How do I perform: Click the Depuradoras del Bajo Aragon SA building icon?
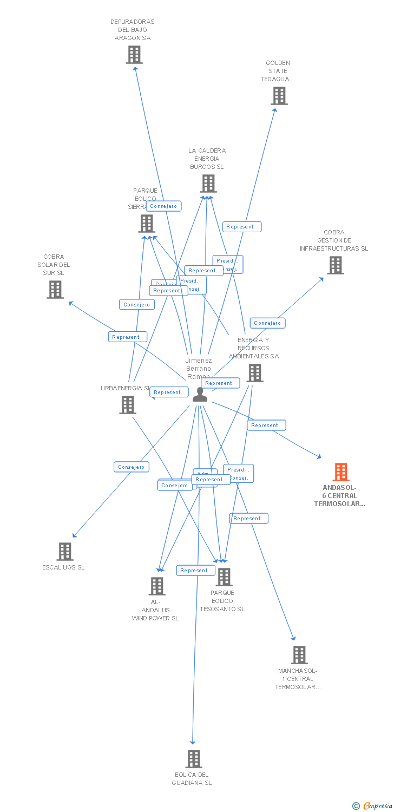click(134, 55)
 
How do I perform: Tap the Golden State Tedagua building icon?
click(279, 96)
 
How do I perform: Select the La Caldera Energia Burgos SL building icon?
click(208, 184)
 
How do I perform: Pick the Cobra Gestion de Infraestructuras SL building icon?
click(335, 265)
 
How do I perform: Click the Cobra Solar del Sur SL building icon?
click(55, 290)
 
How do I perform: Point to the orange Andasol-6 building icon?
click(340, 472)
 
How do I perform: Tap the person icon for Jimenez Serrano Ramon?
click(200, 395)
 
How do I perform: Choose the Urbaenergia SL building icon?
click(128, 404)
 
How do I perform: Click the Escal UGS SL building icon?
click(65, 552)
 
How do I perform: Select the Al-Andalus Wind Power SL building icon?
click(157, 586)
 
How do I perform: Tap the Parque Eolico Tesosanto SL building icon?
click(224, 577)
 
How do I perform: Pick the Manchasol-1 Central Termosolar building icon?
click(299, 655)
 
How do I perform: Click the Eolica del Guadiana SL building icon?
click(193, 759)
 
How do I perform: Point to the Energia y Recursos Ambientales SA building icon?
click(254, 373)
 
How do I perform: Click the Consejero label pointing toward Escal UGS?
click(132, 467)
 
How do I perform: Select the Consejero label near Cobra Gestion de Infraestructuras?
click(267, 323)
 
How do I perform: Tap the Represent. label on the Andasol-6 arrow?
click(266, 425)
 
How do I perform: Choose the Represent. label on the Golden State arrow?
click(241, 227)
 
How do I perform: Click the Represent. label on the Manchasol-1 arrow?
click(248, 519)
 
